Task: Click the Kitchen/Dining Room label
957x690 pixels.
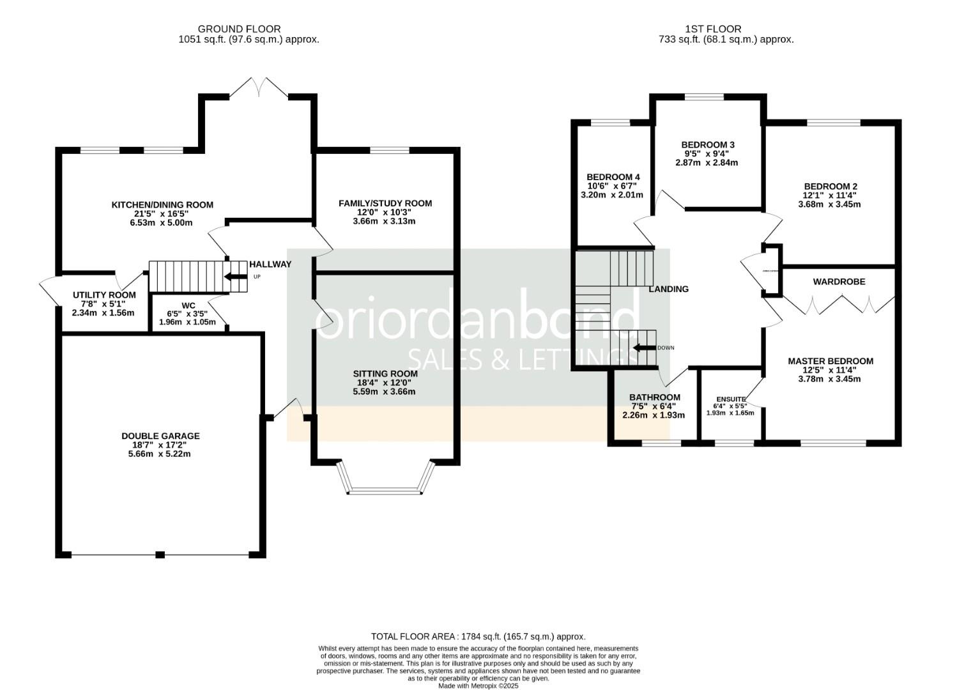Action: pos(162,205)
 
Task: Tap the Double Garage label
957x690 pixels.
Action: pos(160,436)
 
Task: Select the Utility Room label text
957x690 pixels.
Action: pos(104,295)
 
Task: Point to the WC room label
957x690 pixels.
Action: pos(188,305)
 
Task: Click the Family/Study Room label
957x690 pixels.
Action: pos(385,204)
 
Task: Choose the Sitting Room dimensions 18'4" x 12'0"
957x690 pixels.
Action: pos(385,383)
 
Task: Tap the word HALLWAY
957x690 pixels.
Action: pos(270,264)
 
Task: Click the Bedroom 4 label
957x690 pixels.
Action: pos(613,177)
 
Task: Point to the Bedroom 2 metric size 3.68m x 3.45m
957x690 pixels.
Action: pos(829,204)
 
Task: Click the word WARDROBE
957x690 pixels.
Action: pos(839,282)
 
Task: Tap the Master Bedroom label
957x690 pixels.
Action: pos(830,361)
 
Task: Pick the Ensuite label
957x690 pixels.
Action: pos(730,399)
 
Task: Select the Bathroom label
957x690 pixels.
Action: pos(654,397)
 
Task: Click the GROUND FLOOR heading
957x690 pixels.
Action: pos(239,29)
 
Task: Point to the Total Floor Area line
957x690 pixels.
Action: pos(478,637)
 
